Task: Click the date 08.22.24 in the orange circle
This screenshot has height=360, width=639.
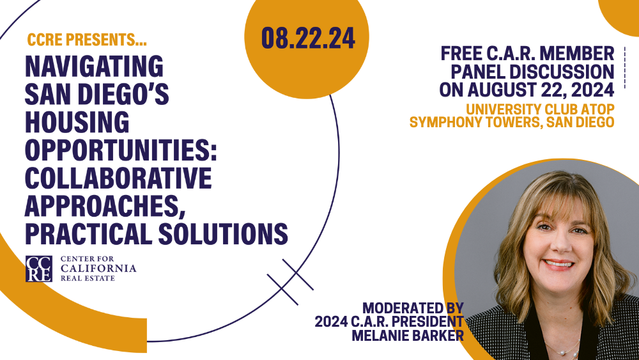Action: click(x=307, y=39)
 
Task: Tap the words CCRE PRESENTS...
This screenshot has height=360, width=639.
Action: click(x=86, y=40)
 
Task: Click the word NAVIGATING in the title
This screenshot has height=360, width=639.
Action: click(x=94, y=66)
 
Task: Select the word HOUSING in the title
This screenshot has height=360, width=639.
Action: click(x=77, y=121)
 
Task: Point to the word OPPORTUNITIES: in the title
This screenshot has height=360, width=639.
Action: click(x=121, y=150)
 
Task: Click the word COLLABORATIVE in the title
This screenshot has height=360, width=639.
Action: click(x=118, y=177)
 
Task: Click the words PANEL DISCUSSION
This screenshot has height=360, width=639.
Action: click(x=532, y=72)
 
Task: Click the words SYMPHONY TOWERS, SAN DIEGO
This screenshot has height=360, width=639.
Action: click(x=511, y=121)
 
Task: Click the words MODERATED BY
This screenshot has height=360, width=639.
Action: click(x=412, y=307)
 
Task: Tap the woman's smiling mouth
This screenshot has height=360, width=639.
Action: click(x=558, y=263)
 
